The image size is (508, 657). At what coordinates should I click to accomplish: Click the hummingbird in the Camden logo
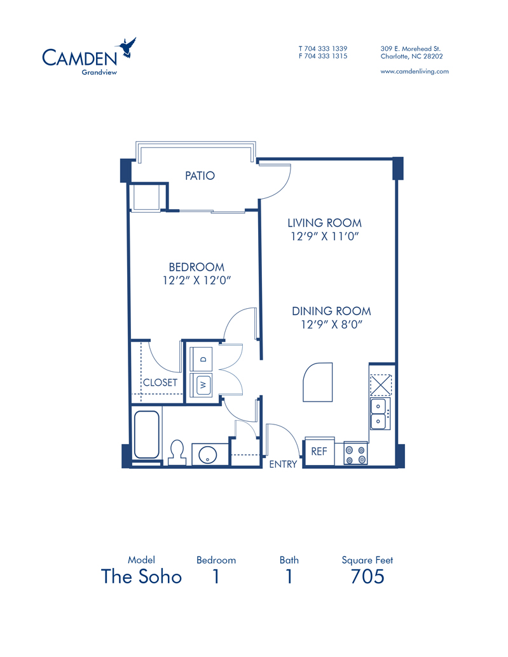127,47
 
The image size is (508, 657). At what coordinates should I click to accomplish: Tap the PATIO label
200,175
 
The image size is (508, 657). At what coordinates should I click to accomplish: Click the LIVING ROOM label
324,223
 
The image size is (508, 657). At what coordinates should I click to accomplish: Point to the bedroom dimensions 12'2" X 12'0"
196,280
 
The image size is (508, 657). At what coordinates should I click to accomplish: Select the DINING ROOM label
331,311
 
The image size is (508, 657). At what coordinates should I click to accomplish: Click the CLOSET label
160,383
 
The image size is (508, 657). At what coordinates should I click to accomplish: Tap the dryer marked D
201,358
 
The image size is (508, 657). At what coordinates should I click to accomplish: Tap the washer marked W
201,384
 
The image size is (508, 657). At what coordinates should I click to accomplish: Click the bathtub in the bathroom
146,435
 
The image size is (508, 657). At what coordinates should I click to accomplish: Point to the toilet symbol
177,452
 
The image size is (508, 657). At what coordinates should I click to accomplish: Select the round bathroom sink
207,454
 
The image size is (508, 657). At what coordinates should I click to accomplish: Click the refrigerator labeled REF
319,451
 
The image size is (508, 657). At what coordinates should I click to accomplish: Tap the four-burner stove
356,454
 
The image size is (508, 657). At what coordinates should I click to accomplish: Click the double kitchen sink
380,413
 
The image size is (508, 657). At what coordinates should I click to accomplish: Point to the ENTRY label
283,464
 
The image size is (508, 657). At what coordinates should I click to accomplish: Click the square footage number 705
367,576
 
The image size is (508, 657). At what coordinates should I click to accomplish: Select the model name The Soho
142,576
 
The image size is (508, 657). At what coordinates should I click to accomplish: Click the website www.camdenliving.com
415,71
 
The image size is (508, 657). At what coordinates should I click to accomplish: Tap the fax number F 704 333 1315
323,56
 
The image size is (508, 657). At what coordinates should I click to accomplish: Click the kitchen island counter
318,382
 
